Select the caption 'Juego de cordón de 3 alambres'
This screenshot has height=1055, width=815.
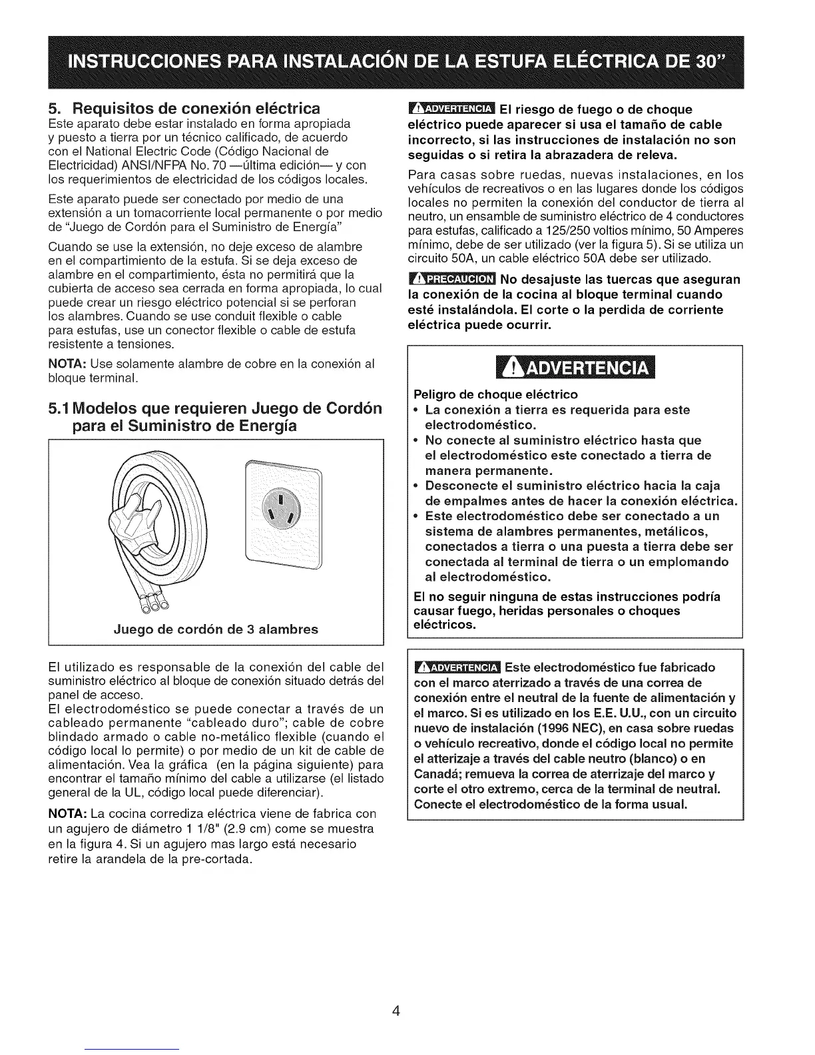216,629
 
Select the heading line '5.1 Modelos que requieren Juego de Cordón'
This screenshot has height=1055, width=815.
216,408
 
